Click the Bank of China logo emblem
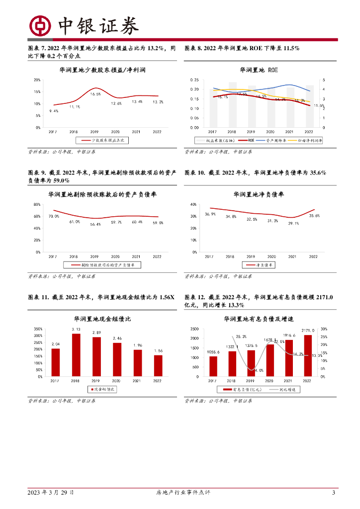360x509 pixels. [40, 26]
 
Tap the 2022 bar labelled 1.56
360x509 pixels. [158, 365]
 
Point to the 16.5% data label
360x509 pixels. [95, 94]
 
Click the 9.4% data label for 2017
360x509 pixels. [54, 111]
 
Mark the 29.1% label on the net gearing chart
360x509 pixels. [293, 223]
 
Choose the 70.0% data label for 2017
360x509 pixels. [54, 216]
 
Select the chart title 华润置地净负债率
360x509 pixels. [259, 194]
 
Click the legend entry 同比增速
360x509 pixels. [287, 390]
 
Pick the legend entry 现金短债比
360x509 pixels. [104, 389]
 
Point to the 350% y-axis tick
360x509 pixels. [38, 329]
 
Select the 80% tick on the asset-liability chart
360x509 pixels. [37, 204]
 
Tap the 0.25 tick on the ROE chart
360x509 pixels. [194, 80]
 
